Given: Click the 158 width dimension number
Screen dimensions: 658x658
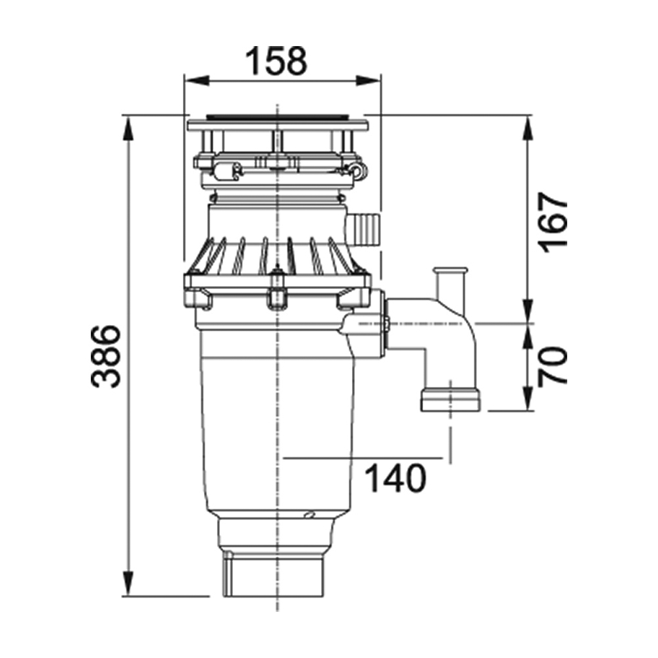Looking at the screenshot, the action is [x=276, y=61].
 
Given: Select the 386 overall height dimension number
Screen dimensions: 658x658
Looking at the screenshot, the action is [x=105, y=356].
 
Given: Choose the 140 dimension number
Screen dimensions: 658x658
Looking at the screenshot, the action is [x=395, y=478].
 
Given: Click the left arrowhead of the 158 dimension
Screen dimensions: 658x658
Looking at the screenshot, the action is [x=197, y=80].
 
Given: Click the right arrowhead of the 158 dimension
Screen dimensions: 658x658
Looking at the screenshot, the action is [x=368, y=80].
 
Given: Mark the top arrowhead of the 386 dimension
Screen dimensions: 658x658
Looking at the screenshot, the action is [x=128, y=128].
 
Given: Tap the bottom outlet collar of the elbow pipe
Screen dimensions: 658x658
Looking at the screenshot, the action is [x=451, y=400].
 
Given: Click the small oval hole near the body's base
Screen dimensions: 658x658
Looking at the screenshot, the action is [x=310, y=514].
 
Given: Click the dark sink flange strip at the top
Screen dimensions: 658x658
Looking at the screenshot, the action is [x=277, y=114].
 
